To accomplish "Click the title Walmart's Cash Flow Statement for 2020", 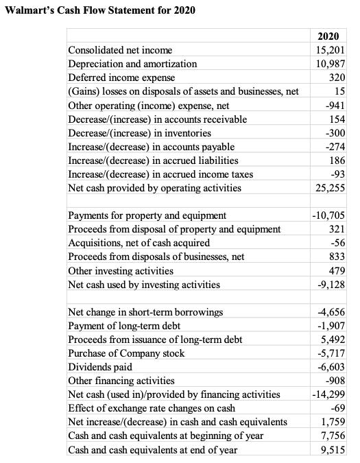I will pos(100,10).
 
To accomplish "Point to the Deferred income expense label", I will pos(122,78).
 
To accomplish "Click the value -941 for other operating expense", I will pos(335,106).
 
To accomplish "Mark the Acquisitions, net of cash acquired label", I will pos(139,243).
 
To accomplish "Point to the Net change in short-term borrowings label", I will pos(146,312).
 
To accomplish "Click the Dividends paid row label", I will pos(100,367).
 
